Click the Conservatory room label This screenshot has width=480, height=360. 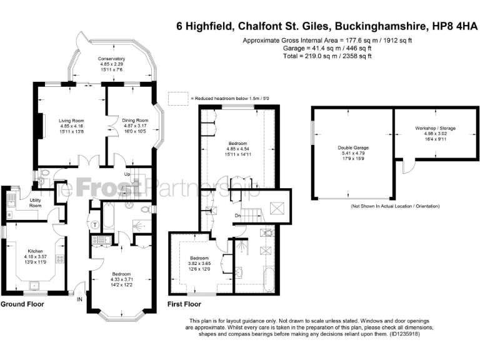pos(111,59)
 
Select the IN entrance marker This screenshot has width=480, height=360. pos(79,299)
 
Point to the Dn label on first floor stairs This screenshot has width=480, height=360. pos(238,216)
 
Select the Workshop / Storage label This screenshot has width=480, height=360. pos(436,128)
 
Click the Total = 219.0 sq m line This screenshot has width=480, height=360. pos(328,56)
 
